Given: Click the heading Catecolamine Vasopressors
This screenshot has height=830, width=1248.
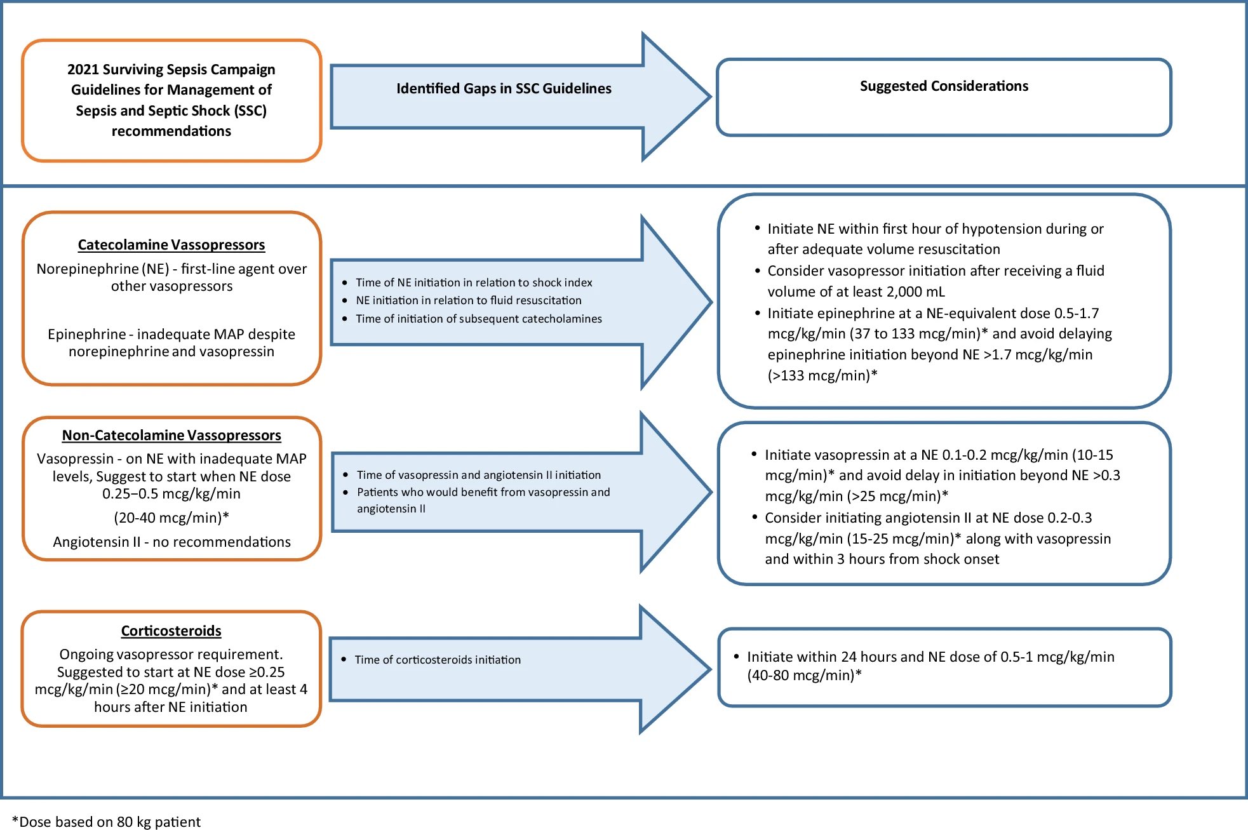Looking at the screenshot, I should (171, 244).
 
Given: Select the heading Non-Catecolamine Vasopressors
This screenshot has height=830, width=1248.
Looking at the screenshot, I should (171, 435).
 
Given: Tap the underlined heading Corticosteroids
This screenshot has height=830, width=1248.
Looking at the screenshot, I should (171, 631).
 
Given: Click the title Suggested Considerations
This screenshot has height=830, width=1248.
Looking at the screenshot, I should (944, 86).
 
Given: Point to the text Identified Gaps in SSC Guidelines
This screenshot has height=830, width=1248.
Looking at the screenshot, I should (504, 88).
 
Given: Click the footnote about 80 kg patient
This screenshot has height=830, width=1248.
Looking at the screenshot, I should (107, 822).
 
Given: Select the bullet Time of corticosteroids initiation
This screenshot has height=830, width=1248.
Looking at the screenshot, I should (438, 660).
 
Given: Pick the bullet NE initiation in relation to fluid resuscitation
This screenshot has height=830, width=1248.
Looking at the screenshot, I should (469, 300).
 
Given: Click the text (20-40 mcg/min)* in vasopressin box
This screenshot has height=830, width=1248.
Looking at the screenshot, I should (171, 518).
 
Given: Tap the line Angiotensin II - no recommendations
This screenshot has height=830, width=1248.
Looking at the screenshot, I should (171, 542).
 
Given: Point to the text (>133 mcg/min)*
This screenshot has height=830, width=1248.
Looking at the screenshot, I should (822, 375).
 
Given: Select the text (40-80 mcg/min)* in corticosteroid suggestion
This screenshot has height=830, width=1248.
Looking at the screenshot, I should (804, 675).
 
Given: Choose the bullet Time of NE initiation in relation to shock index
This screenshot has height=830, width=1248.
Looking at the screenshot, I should (474, 283).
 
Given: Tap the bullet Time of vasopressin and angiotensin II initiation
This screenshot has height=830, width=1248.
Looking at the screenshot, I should (478, 475).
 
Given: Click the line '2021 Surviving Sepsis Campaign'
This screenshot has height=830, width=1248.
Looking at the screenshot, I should (171, 69).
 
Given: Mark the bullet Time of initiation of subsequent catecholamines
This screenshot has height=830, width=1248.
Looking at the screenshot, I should (478, 319).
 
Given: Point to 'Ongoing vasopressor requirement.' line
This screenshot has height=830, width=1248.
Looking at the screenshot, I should (171, 654).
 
